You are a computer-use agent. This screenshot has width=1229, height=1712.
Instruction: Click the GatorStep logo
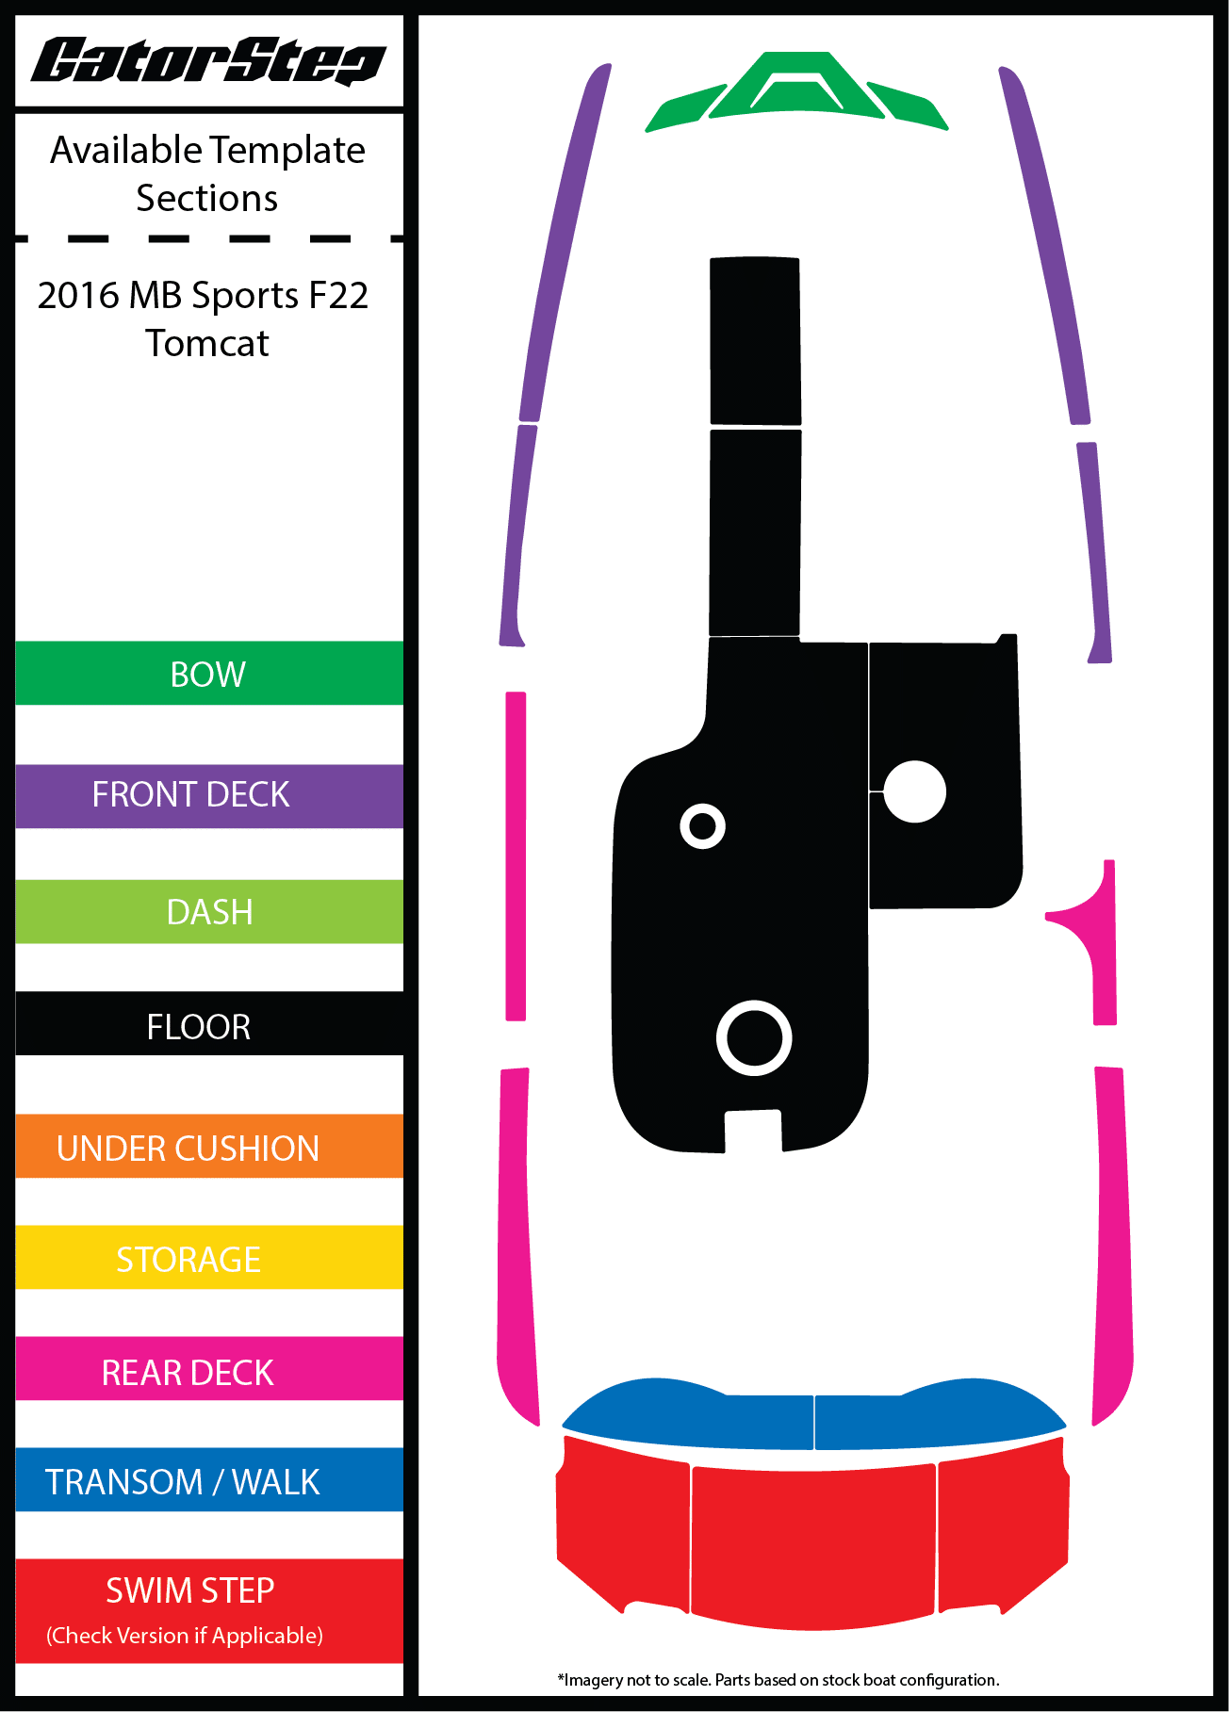tap(208, 61)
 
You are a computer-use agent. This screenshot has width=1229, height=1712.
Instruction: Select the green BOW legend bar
tap(208, 674)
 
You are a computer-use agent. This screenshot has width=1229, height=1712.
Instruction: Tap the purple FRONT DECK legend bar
tap(208, 795)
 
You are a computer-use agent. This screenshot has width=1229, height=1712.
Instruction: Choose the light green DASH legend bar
tap(208, 912)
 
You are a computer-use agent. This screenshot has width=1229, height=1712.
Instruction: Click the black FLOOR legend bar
tap(208, 1025)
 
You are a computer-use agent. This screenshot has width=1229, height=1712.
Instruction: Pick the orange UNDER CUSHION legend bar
tap(208, 1147)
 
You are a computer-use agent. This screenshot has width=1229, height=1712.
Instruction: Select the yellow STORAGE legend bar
tap(208, 1258)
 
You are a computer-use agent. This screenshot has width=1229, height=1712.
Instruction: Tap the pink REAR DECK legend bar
tap(208, 1371)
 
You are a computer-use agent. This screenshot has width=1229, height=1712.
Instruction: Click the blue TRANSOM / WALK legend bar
tap(208, 1480)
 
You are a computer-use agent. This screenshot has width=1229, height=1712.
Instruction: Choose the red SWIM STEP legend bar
tap(208, 1609)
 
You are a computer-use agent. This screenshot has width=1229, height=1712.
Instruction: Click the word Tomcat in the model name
tap(207, 344)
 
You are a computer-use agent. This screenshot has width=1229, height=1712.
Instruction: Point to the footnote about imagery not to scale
tap(778, 1680)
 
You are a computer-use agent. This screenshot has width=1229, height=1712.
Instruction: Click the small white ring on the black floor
tap(702, 826)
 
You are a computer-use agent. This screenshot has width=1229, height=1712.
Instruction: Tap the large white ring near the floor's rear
tap(754, 1037)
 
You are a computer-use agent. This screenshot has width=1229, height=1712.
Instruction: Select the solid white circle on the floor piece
tap(914, 791)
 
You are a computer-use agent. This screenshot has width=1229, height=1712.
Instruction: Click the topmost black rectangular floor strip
tap(755, 340)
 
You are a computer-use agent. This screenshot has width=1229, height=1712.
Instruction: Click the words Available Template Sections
tap(207, 174)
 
